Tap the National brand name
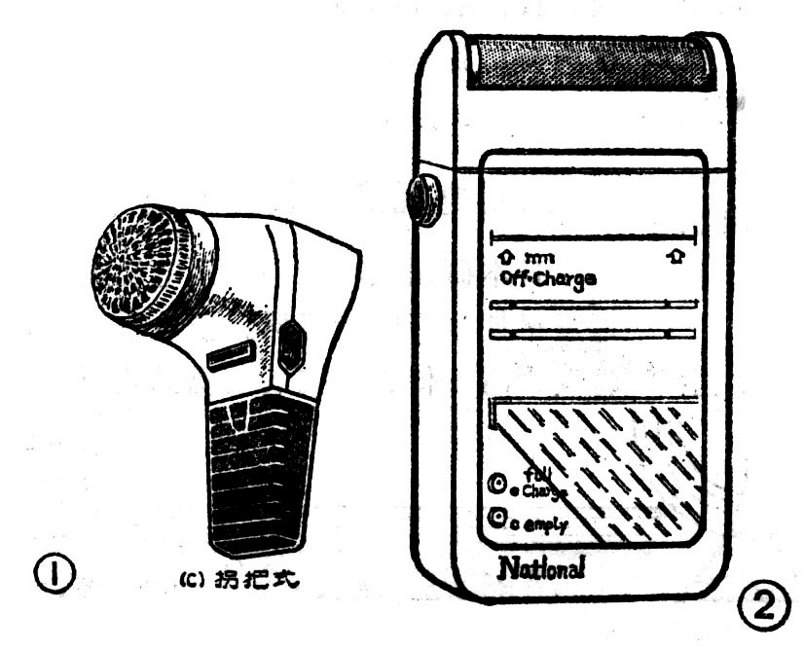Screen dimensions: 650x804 point(541,568)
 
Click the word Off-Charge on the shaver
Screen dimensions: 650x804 point(548,277)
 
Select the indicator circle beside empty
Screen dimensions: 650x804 point(497,519)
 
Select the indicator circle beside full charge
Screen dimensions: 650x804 point(497,485)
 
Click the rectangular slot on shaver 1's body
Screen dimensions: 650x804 point(233,356)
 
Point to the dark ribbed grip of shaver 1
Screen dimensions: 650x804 point(258,477)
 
